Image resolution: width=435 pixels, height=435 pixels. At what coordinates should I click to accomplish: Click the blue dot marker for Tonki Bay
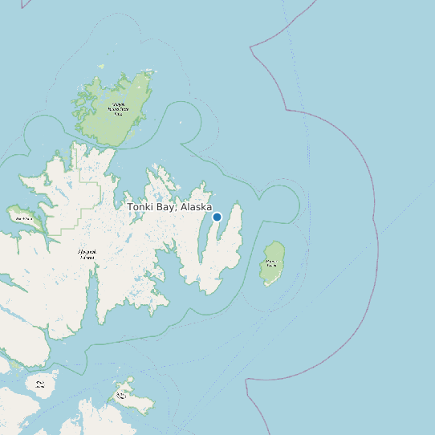tap(217, 217)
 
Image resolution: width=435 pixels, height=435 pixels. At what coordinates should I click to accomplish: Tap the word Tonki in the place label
tap(142, 207)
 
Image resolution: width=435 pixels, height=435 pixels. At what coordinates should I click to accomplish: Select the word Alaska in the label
tap(196, 207)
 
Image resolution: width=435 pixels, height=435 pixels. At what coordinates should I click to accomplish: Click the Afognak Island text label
tap(87, 254)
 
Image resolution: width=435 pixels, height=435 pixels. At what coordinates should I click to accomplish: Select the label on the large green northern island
tap(120, 108)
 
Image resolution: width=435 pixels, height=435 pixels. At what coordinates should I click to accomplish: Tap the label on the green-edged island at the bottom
tap(123, 395)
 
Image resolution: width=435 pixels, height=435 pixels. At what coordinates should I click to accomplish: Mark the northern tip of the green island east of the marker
tap(277, 242)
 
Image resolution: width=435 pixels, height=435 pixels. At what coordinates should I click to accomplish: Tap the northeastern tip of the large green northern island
tap(150, 73)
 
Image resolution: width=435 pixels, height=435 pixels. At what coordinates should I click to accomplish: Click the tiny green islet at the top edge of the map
tap(101, 66)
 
